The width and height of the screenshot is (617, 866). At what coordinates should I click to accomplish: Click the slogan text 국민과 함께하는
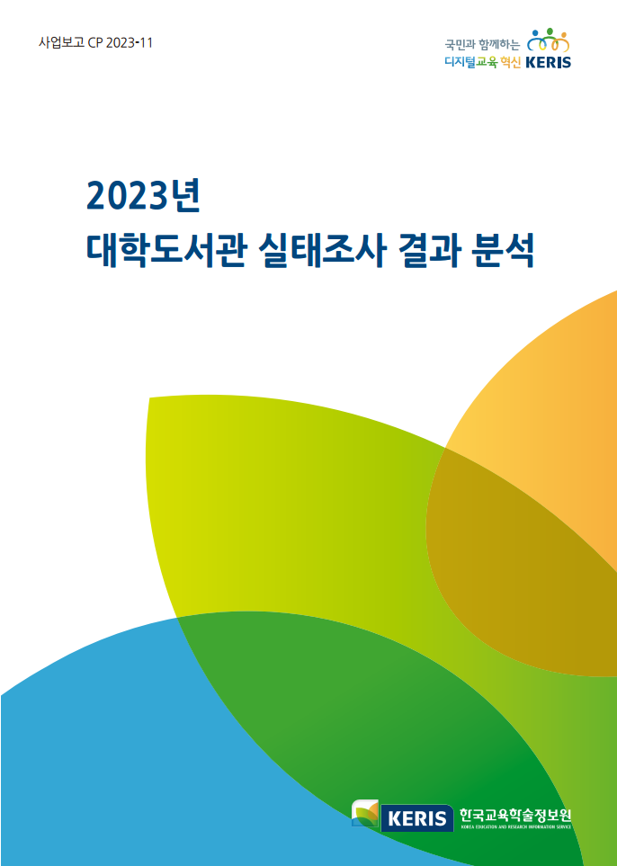pyautogui.click(x=482, y=44)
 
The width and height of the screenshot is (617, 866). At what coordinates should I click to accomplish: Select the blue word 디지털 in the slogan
pyautogui.click(x=461, y=63)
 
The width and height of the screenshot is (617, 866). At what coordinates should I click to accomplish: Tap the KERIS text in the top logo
pyautogui.click(x=548, y=63)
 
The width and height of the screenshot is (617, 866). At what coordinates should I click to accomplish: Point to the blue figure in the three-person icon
pyautogui.click(x=534, y=40)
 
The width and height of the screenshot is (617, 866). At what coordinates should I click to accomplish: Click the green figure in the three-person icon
pyautogui.click(x=549, y=40)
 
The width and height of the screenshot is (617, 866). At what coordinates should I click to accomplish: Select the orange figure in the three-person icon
pyautogui.click(x=562, y=40)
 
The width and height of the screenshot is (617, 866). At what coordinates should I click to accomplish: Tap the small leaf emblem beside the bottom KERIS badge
pyautogui.click(x=365, y=815)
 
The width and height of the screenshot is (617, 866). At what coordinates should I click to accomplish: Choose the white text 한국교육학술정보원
pyautogui.click(x=514, y=814)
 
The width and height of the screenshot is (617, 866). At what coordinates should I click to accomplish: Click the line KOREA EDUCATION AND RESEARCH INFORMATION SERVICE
pyautogui.click(x=515, y=827)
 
